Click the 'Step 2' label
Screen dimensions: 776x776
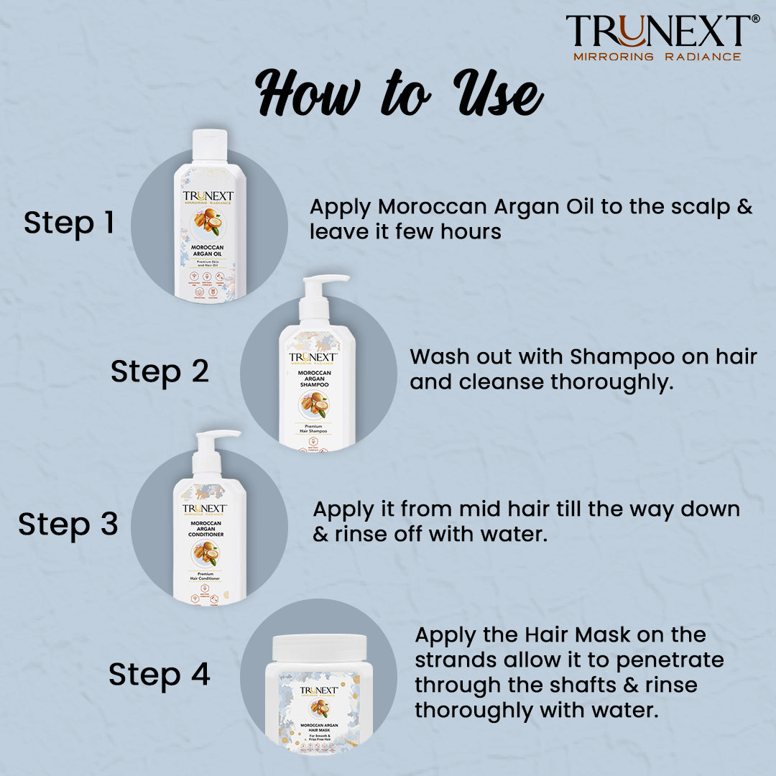click(160, 371)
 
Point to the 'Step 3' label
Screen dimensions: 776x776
click(68, 524)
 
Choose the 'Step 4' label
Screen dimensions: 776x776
click(159, 675)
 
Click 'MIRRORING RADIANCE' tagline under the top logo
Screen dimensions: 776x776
click(656, 56)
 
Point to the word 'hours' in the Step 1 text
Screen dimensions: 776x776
click(476, 232)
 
